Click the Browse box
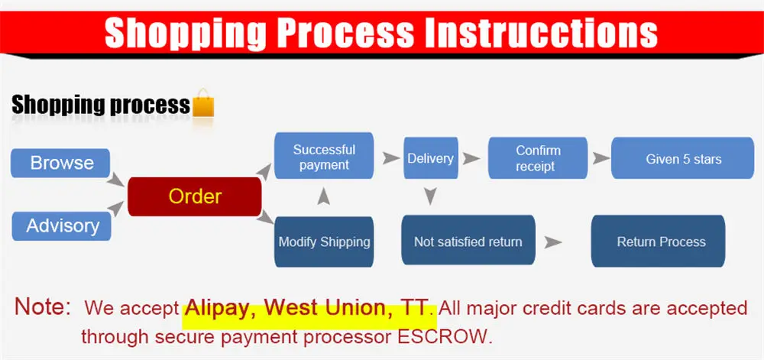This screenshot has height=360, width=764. point(60,163)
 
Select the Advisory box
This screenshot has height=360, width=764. point(61,226)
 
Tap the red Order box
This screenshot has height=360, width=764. point(195,196)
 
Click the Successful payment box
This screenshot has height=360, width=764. point(324,156)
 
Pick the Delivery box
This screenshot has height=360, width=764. point(431,158)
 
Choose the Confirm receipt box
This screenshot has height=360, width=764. point(538,158)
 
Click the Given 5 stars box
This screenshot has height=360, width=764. point(683,158)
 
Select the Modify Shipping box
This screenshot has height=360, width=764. point(324,242)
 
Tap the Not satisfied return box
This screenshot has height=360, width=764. point(468,241)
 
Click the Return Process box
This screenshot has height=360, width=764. point(659,241)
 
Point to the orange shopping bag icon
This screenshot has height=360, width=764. point(203,103)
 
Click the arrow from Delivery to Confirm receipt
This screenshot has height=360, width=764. point(471,158)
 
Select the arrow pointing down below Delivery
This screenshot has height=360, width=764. point(429,196)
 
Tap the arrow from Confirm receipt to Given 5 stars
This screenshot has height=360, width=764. point(601,158)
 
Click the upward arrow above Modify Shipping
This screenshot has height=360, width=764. point(323,196)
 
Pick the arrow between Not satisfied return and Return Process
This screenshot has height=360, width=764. point(553,242)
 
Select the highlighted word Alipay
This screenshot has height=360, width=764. point(222,308)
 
